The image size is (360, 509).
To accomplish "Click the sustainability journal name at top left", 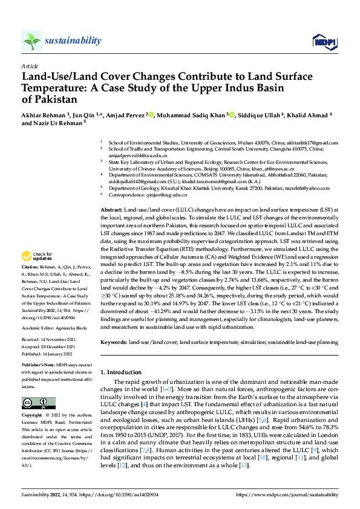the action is [73, 41].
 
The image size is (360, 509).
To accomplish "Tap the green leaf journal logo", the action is [31, 41].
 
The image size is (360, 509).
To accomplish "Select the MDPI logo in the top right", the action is [324, 41].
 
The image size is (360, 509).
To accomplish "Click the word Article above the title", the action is [30, 66].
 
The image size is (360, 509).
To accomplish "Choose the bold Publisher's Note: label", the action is [39, 366].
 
